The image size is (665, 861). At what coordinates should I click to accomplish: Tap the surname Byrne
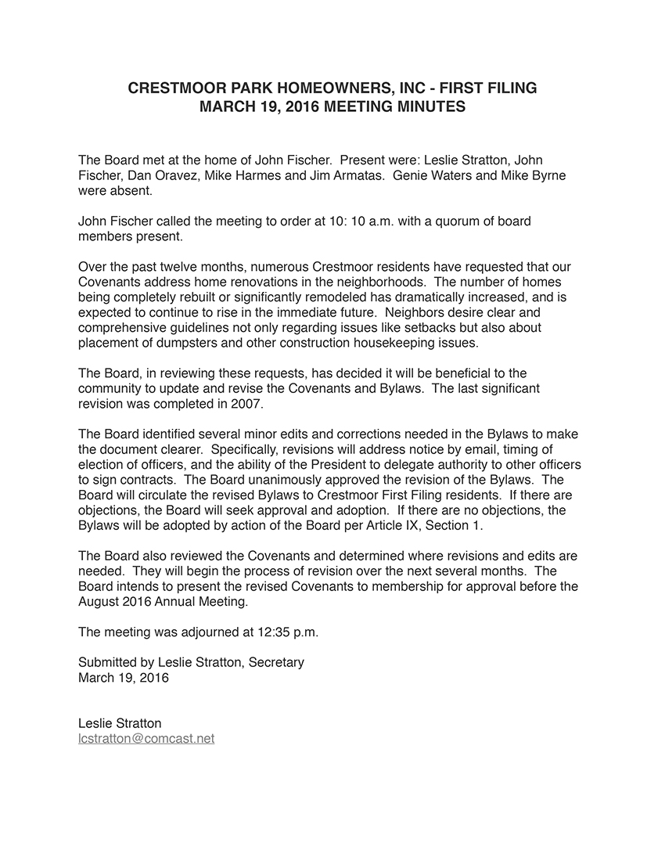pos(548,175)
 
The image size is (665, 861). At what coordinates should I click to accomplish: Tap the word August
pos(99,602)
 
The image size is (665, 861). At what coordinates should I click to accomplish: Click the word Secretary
pos(276,662)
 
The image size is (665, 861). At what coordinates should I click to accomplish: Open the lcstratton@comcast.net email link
pos(146,738)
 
